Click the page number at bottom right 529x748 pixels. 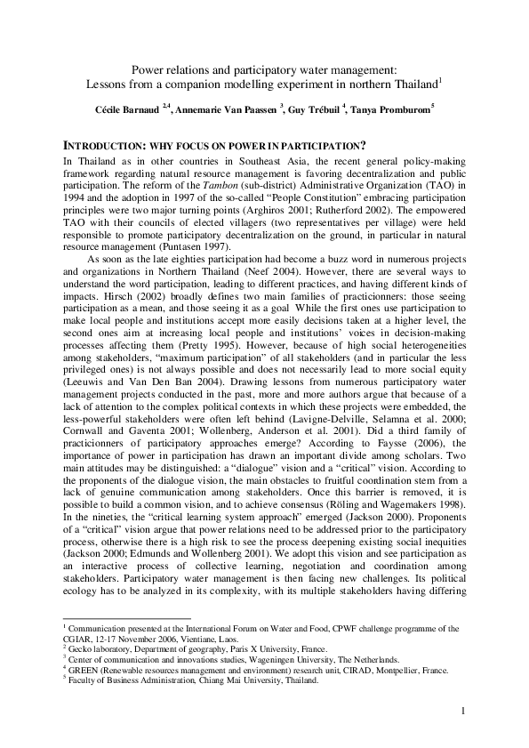(463, 710)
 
